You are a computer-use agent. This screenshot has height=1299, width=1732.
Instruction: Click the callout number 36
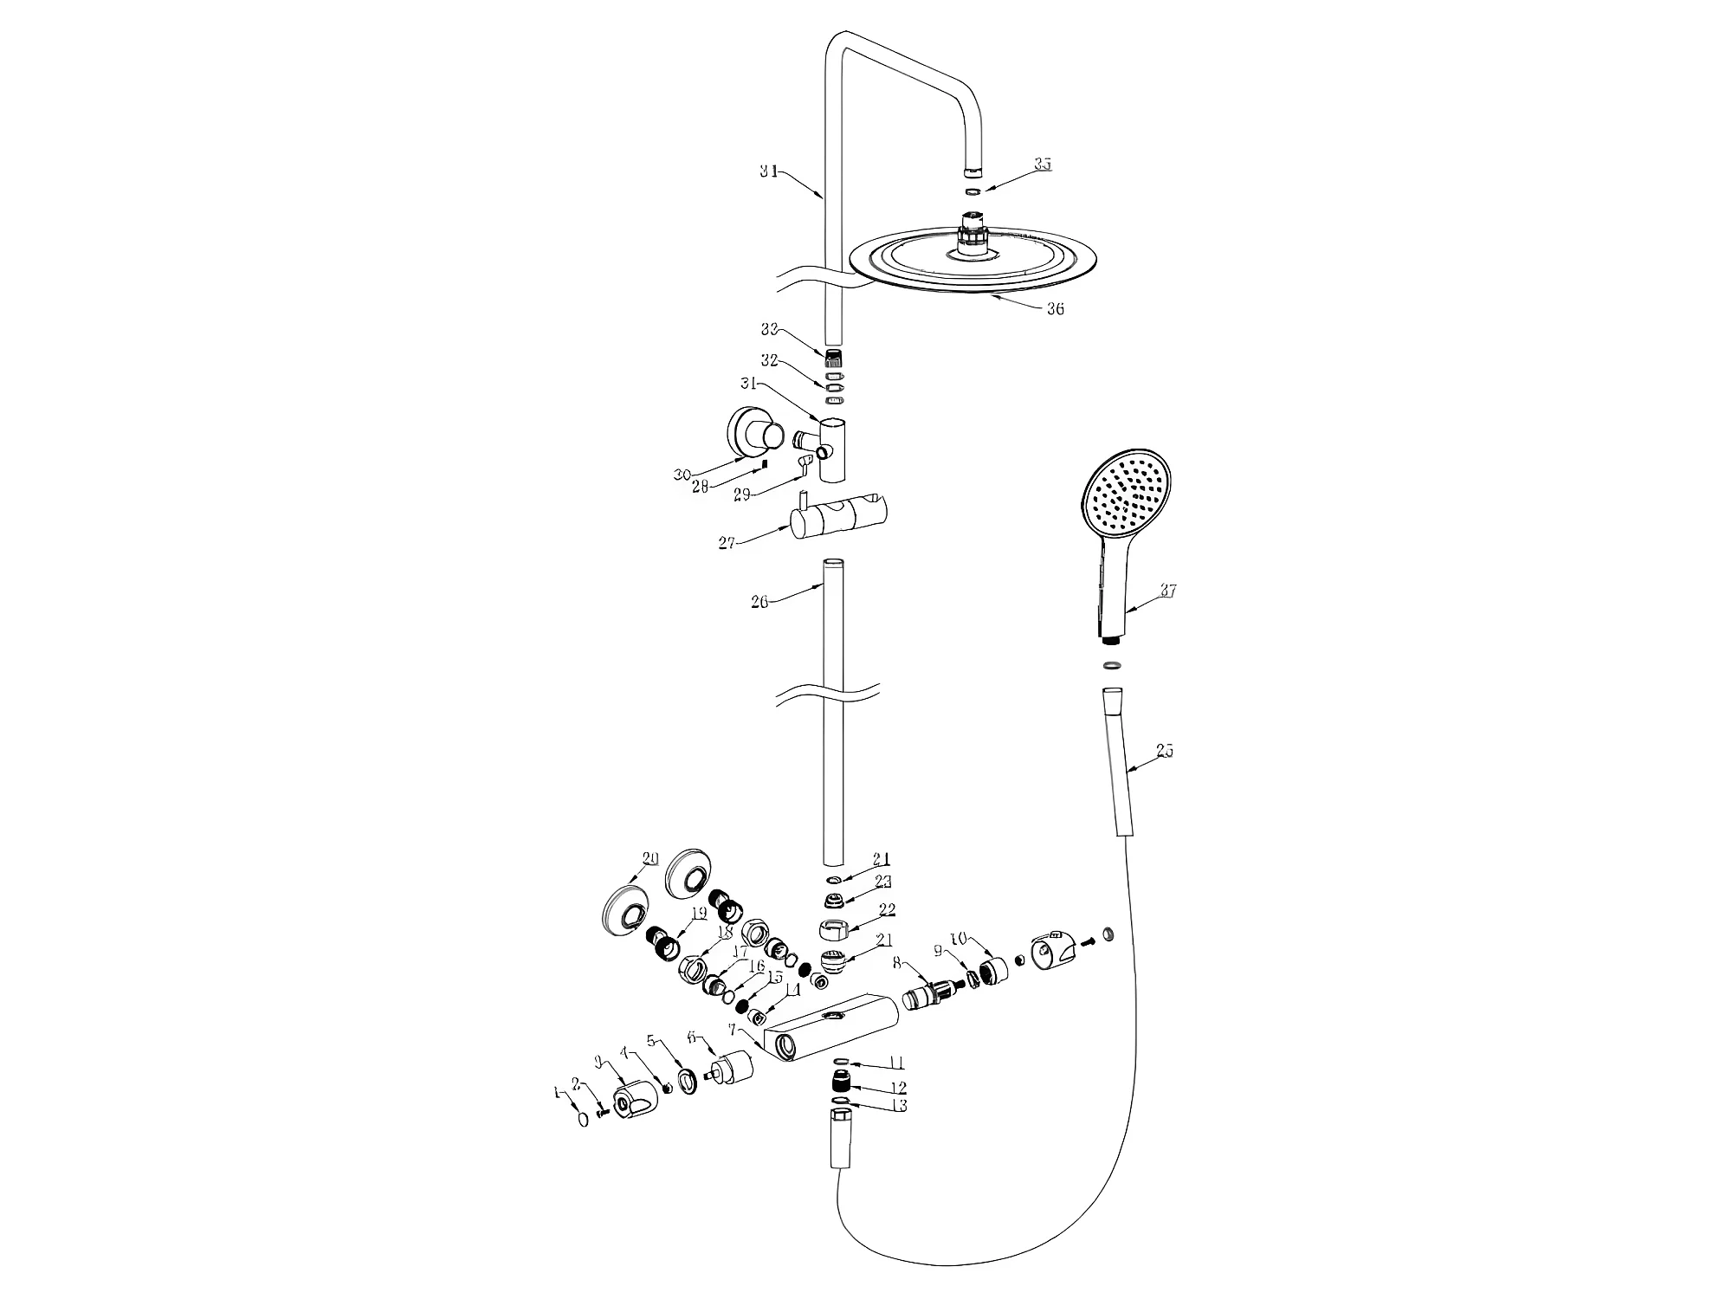pos(1055,309)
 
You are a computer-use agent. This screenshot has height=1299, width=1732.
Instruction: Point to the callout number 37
pos(1168,591)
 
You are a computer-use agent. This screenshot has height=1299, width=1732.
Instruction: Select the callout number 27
pos(727,543)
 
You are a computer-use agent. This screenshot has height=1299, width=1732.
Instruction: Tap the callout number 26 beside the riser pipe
pos(759,601)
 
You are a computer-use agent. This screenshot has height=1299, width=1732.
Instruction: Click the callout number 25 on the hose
pos(1165,751)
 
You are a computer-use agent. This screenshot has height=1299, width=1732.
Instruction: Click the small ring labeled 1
pos(583,1119)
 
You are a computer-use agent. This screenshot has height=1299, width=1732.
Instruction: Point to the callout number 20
pos(650,859)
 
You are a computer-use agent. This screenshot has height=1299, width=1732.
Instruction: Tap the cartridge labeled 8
pos(927,995)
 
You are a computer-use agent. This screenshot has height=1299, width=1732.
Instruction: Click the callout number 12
pos(898,1088)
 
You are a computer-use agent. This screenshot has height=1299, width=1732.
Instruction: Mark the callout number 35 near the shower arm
pos(1043,165)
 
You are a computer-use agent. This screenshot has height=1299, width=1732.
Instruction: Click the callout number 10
pos(958,939)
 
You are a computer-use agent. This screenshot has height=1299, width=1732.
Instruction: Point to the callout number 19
pos(699,913)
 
